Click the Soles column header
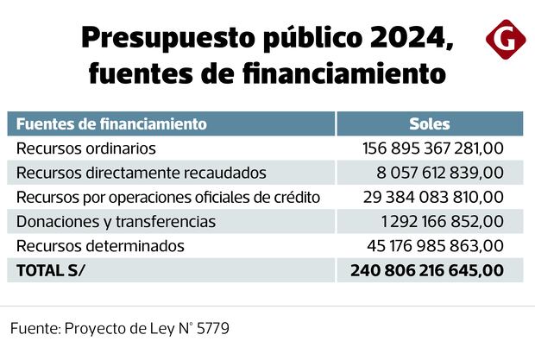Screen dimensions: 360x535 coord(429,123)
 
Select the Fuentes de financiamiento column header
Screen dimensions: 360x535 coord(111,123)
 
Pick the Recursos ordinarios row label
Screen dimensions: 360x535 coord(86,148)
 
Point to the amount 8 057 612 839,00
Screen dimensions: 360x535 coord(439,173)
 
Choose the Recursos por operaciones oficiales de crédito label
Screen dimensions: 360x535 coord(168,197)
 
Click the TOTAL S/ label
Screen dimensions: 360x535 coord(53,270)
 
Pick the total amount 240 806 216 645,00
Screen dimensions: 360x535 coord(428,270)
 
